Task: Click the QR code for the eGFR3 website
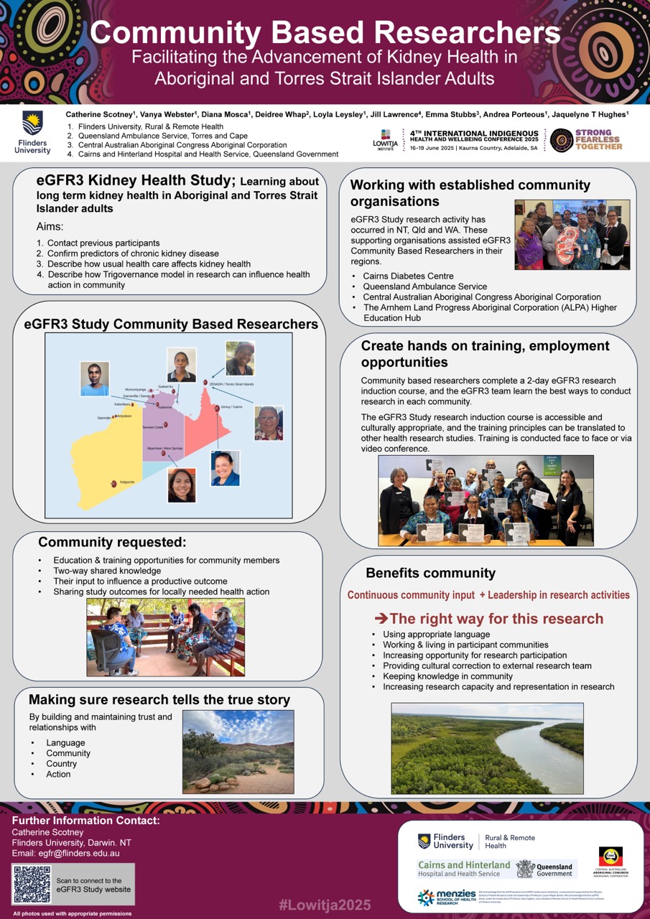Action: [x=31, y=885]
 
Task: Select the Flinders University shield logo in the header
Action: [x=32, y=123]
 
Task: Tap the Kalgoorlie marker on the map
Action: [x=114, y=485]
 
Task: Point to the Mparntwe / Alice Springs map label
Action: [x=165, y=448]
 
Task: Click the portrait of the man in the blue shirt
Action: [x=94, y=378]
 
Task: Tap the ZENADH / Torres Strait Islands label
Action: [x=231, y=384]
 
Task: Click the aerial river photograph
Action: [x=487, y=747]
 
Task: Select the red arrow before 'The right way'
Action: [x=382, y=619]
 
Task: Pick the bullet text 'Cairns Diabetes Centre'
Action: [x=407, y=276]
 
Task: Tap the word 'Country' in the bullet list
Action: [x=61, y=764]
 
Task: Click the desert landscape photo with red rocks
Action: [x=238, y=751]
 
